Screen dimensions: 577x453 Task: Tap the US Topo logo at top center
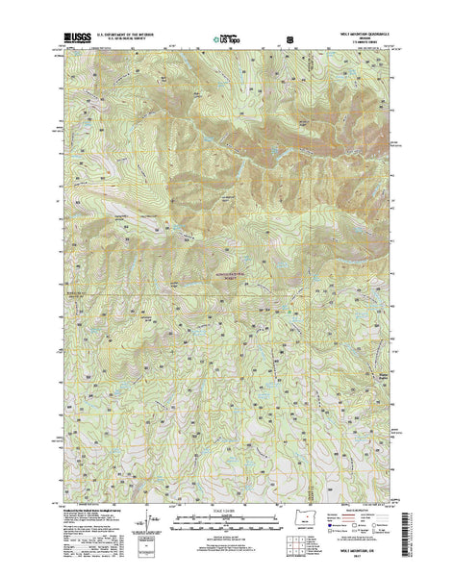[227, 41]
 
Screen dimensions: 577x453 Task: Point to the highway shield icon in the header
[289, 41]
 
